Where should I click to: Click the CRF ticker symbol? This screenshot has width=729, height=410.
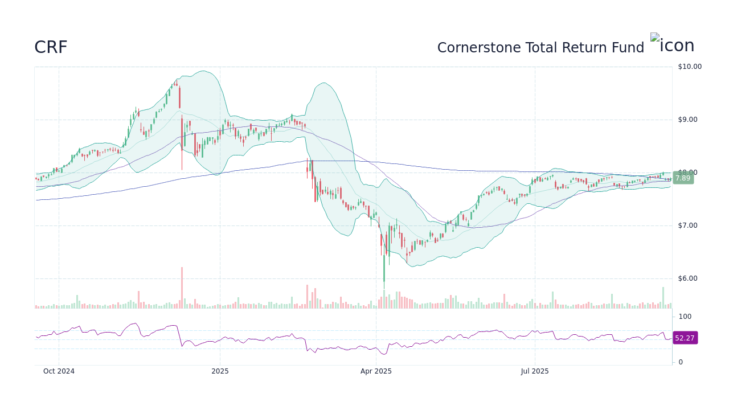click(51, 47)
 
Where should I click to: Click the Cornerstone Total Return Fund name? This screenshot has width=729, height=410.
click(540, 48)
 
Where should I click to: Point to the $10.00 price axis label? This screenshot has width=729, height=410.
click(690, 67)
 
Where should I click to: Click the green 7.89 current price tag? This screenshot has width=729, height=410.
click(683, 178)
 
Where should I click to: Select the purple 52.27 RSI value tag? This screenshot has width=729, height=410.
click(685, 338)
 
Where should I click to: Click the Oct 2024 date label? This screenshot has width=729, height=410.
click(59, 371)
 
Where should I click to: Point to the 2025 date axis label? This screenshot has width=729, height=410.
click(220, 371)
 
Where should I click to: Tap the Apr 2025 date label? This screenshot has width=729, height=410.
click(376, 371)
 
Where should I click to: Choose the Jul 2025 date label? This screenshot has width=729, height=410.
click(535, 371)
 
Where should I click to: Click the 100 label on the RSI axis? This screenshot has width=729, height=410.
click(685, 317)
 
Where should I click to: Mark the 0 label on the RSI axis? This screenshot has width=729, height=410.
click(681, 362)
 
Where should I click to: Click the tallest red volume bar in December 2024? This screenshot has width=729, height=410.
click(182, 288)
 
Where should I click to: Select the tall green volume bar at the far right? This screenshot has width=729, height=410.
click(663, 298)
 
